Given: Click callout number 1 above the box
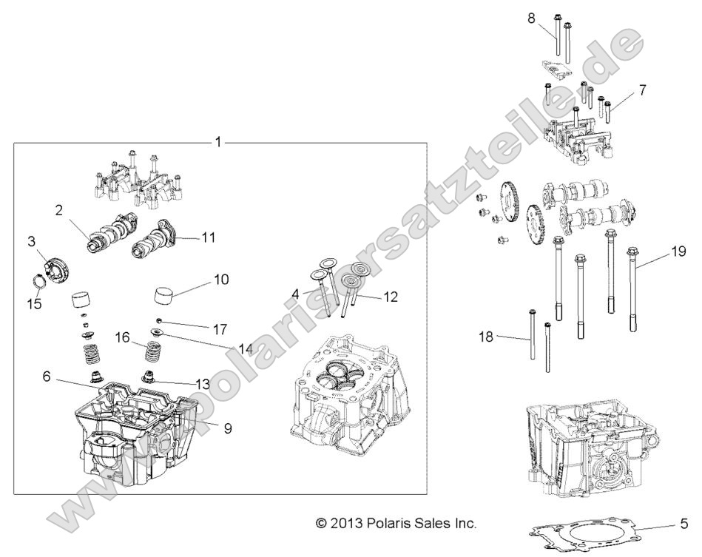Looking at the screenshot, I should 217,141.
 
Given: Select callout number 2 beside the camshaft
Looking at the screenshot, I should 58,210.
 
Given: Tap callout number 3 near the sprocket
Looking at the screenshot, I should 32,241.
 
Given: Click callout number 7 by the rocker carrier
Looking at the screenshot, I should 642,90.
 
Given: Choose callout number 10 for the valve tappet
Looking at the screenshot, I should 221,280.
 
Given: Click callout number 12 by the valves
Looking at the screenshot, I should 390,297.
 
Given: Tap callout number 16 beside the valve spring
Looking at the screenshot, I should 124,337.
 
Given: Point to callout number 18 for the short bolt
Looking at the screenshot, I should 485,337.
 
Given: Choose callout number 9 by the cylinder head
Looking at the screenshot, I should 229,428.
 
